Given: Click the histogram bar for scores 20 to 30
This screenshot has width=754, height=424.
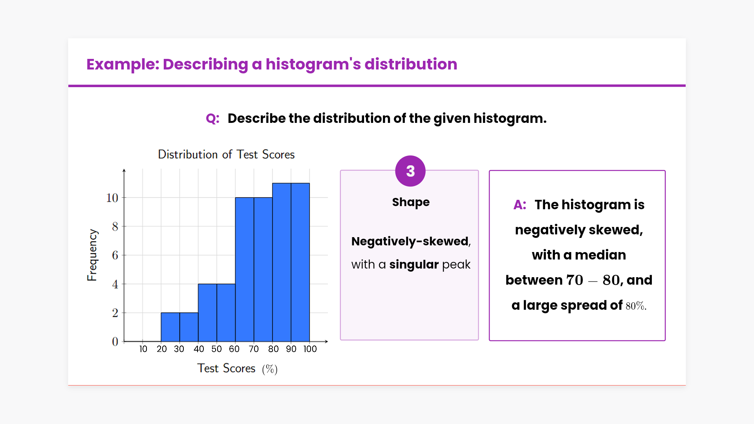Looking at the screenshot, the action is (170, 327).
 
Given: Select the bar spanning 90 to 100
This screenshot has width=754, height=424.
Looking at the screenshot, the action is (300, 262).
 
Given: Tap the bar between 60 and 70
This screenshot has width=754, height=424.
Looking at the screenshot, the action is (245, 269).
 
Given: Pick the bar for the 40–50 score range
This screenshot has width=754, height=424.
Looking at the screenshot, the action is (207, 313).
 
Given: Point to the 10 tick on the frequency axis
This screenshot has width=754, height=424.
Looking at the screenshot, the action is (112, 198).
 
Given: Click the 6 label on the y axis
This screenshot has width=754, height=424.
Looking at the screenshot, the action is (115, 255).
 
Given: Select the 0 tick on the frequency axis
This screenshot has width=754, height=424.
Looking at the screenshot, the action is (115, 342).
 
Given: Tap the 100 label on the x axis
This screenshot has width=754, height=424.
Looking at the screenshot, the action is (310, 349).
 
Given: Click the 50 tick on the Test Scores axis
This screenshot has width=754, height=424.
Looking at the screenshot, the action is (217, 349).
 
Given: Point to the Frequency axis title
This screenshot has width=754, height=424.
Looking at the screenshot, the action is (92, 255).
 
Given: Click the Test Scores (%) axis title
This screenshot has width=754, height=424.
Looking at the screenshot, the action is (237, 369).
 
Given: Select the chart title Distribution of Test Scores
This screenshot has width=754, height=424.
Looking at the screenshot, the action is (226, 154).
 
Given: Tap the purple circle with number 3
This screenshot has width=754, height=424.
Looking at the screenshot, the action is (410, 171).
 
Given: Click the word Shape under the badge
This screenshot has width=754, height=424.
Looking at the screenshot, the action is (411, 202).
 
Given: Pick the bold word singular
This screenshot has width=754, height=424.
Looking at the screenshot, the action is (414, 264).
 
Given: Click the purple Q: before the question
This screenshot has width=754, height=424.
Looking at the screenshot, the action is (213, 119).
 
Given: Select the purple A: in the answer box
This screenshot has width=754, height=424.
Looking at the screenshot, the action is (520, 205).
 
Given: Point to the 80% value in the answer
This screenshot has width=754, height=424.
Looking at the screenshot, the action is (636, 306).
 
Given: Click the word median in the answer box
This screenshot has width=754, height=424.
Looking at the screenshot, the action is (600, 255).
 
